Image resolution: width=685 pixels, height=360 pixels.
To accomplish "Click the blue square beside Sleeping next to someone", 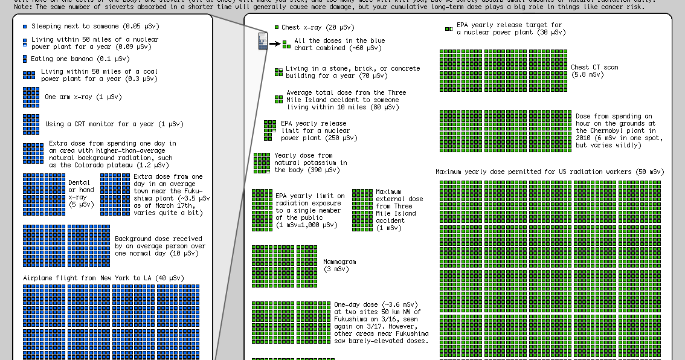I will [x=25, y=27].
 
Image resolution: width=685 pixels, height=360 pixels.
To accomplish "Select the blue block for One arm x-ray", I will [x=31, y=97].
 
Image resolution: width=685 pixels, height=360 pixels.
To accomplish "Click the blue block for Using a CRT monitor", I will [x=31, y=124].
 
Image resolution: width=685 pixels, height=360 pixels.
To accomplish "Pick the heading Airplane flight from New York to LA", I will [x=103, y=278].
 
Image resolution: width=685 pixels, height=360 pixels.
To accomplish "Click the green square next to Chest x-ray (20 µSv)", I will [x=277, y=27].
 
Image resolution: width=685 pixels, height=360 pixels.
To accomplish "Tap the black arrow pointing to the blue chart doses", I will [x=274, y=43].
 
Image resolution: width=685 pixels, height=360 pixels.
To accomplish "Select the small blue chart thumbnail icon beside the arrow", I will [x=263, y=42].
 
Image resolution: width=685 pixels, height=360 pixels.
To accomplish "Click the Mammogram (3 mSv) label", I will [x=339, y=265].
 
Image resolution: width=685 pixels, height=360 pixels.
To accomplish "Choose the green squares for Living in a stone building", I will [x=278, y=72].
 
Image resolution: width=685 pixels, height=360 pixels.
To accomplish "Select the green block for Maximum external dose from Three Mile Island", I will [x=362, y=210].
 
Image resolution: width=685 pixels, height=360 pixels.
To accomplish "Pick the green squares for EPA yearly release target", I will [x=449, y=28].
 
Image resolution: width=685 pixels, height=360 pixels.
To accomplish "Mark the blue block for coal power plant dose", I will [x=29, y=75].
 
